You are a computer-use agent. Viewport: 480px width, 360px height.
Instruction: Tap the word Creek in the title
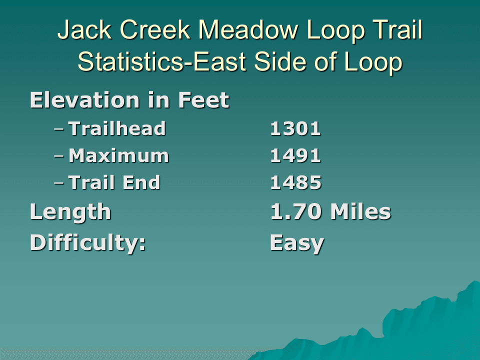155,29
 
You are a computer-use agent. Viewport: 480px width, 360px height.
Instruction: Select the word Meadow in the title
248,29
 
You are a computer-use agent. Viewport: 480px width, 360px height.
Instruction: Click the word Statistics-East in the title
162,61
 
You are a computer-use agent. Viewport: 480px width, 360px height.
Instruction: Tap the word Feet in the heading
203,100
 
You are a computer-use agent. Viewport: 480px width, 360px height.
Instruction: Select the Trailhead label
117,128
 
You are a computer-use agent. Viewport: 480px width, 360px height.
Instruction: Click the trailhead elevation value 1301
295,128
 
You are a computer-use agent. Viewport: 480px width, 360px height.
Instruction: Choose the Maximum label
118,155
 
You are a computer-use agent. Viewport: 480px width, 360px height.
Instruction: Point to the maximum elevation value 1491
295,156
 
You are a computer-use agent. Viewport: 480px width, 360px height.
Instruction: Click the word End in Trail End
141,182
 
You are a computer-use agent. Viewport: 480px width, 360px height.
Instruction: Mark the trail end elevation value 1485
295,183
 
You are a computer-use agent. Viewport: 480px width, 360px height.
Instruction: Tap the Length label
70,212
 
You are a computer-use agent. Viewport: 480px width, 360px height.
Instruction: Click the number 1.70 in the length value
296,212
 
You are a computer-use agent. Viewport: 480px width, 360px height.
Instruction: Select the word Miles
361,211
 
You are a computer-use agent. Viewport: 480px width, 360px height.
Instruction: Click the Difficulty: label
87,243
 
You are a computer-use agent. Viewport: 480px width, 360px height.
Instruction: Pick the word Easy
297,244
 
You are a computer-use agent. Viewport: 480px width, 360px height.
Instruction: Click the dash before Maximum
59,156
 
